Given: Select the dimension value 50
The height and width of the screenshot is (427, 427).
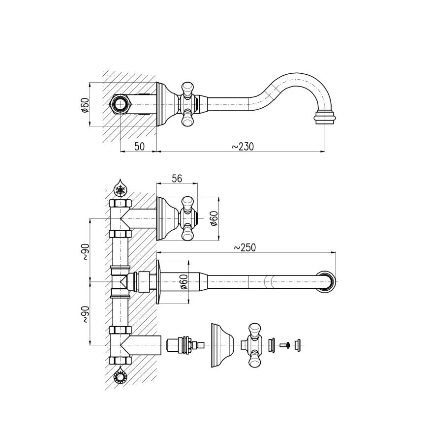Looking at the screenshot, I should tap(139, 147).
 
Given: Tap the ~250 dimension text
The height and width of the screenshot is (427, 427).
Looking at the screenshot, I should tap(244, 247).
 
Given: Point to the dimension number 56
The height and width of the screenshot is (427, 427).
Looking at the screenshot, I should tap(177, 179).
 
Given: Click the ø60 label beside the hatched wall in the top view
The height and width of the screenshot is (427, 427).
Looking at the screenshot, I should tap(85, 105).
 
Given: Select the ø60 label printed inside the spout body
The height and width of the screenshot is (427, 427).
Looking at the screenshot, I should tap(183, 282).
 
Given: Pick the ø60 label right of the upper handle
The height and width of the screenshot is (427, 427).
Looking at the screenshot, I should tap(213, 218).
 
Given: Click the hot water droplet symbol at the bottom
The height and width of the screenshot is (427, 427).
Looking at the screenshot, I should tap(120, 377).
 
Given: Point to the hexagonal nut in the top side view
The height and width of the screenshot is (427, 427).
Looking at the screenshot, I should tap(120, 104).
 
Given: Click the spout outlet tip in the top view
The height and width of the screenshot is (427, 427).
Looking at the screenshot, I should tap(325, 118).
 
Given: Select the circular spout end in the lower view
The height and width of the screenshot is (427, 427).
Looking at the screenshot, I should tap(327, 281).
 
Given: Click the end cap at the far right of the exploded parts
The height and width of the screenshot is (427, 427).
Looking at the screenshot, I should tap(297, 345).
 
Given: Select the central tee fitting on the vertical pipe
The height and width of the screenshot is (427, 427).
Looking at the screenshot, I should tap(120, 282).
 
